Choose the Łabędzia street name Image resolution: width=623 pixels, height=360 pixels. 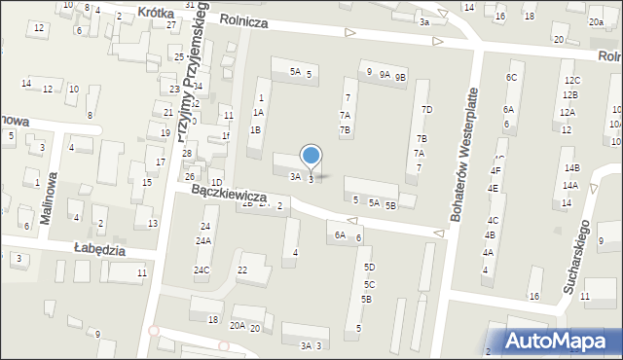(100, 249)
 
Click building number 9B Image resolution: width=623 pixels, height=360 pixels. (400, 75)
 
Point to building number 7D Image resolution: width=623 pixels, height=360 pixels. (425, 109)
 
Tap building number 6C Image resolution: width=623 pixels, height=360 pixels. (510, 77)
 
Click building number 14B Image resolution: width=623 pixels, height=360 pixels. (570, 168)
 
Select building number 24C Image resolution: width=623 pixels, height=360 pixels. (202, 270)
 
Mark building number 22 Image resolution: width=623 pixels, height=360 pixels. (243, 270)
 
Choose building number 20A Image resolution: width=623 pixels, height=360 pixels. (238, 326)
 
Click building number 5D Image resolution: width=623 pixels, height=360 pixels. (369, 267)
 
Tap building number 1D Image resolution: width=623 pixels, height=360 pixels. (216, 183)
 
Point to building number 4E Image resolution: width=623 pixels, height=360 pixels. (493, 188)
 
